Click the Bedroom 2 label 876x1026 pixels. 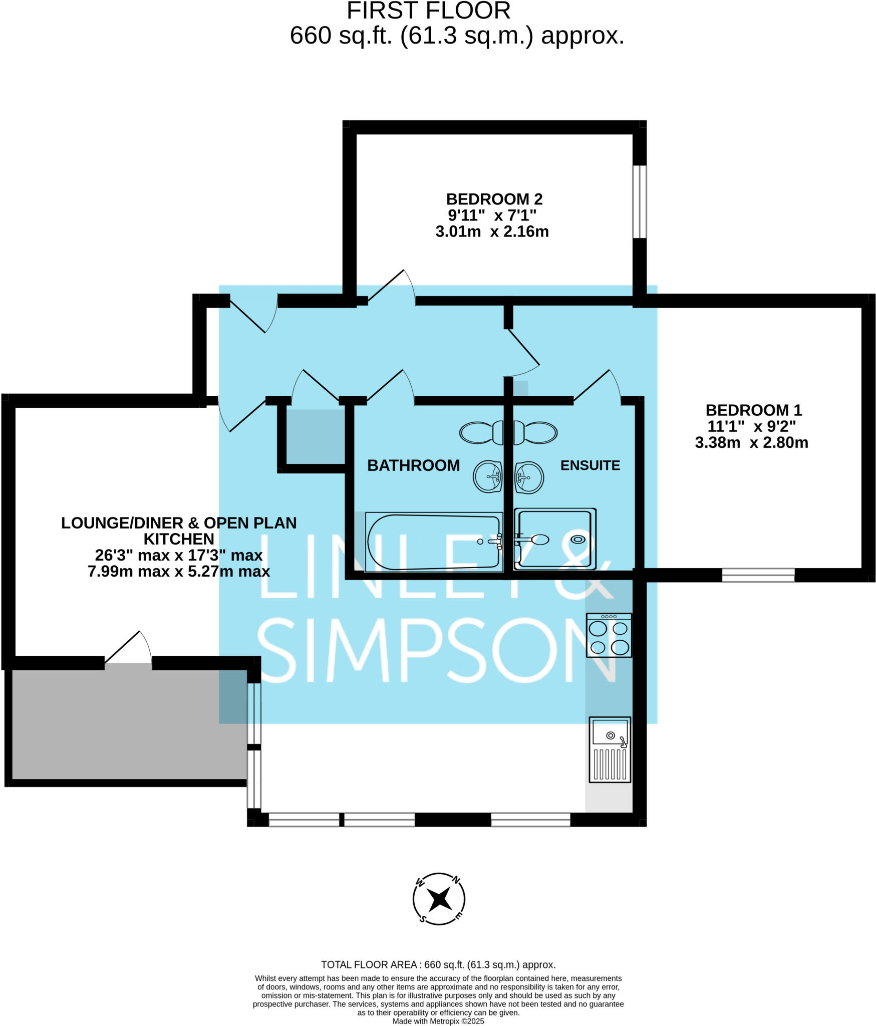[494, 199]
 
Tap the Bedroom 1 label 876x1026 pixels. [753, 410]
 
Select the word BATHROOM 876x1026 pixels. [413, 465]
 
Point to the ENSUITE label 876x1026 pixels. [590, 465]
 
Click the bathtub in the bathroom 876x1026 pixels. [434, 542]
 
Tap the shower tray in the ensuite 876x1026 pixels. [555, 539]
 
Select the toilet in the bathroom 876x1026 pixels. [481, 432]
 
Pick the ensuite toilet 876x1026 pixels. [536, 432]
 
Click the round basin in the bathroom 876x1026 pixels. [487, 476]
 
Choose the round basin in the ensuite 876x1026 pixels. [529, 477]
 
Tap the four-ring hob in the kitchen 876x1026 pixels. [609, 635]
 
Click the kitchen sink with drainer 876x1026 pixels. [610, 749]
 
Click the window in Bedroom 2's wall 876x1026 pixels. [639, 201]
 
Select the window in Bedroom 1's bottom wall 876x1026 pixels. [758, 575]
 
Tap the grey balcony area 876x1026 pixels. [128, 724]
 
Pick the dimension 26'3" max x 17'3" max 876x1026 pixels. [179, 555]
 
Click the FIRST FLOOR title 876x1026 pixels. [428, 11]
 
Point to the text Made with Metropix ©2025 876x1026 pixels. [438, 1021]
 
